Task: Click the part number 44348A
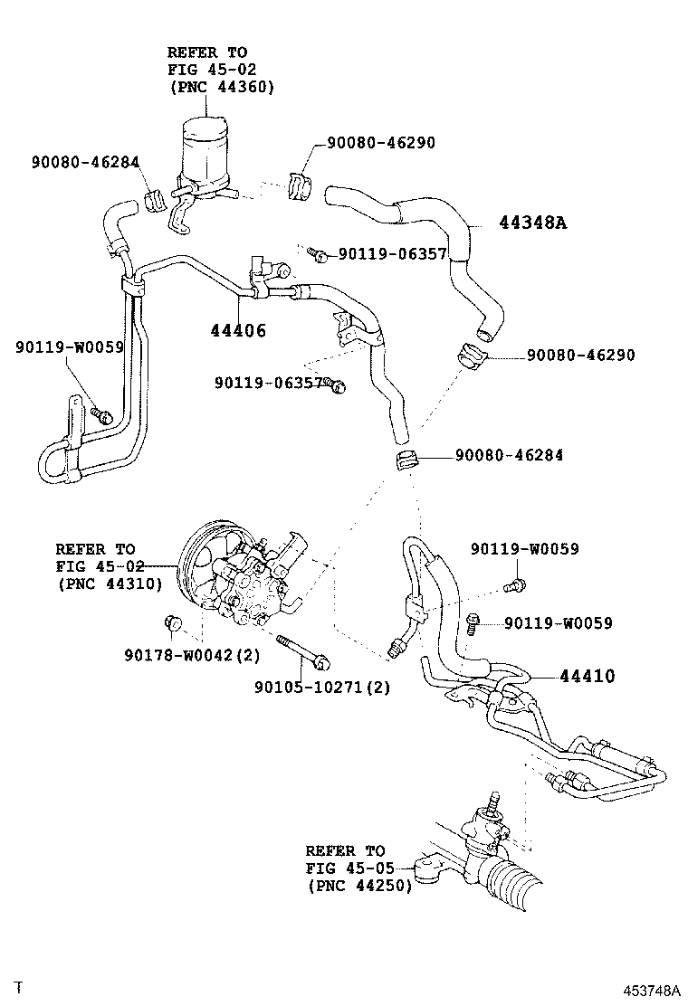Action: pyautogui.click(x=532, y=223)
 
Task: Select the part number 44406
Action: pyautogui.click(x=233, y=331)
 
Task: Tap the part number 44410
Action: pyautogui.click(x=587, y=676)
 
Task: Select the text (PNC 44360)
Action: pyautogui.click(x=221, y=86)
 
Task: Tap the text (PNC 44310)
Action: pyautogui.click(x=109, y=584)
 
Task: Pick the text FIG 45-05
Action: pyautogui.click(x=346, y=868)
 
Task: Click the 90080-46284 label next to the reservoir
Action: pyautogui.click(x=84, y=163)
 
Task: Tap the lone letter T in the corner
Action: pyautogui.click(x=17, y=984)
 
